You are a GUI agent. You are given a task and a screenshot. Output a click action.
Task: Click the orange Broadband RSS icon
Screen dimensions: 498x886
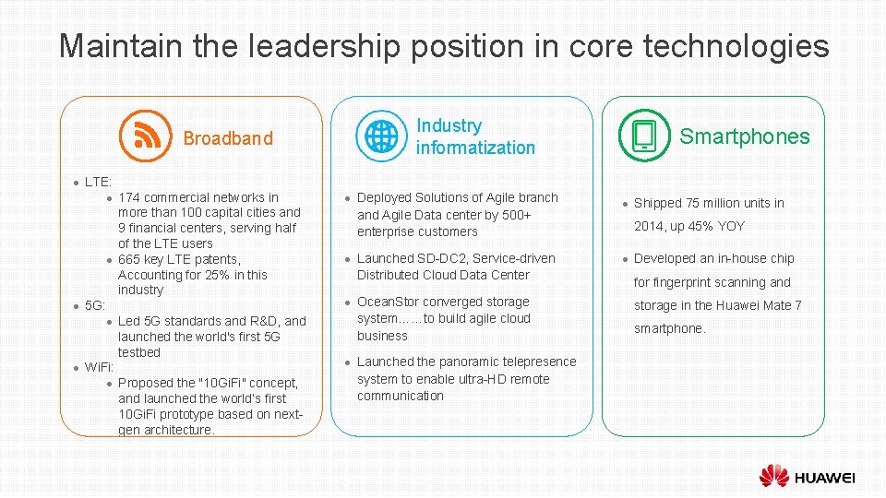click(x=146, y=136)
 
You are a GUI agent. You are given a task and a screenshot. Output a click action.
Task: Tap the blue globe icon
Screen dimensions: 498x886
click(x=380, y=136)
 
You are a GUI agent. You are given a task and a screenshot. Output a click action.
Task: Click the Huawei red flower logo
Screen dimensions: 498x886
click(x=774, y=476)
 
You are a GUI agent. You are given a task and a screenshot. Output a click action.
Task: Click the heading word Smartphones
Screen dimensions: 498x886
click(x=744, y=137)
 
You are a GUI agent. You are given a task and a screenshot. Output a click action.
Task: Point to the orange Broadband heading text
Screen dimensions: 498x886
click(x=228, y=138)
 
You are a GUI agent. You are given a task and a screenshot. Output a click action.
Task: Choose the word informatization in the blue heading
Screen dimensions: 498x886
click(x=475, y=148)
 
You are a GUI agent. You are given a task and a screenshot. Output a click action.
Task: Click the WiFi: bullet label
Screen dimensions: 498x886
click(x=99, y=367)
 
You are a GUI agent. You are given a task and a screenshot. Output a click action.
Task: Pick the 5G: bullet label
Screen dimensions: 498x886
click(x=95, y=305)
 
